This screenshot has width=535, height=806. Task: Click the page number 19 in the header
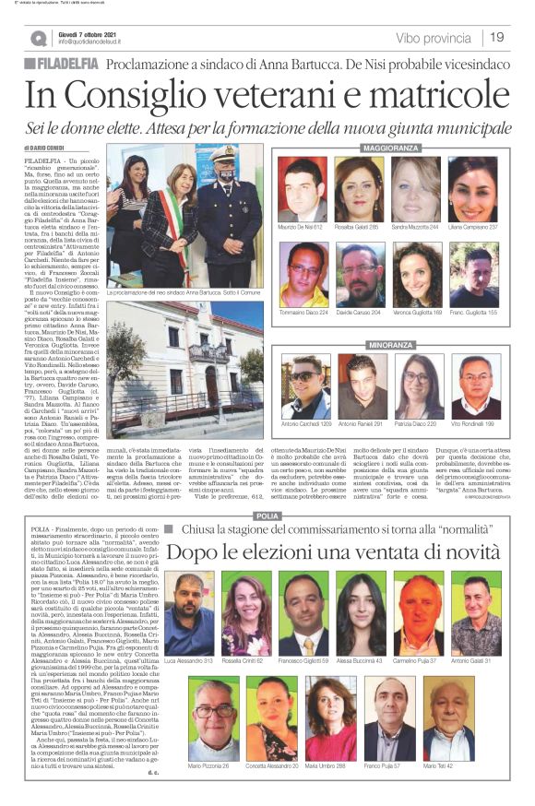pyautogui.click(x=497, y=37)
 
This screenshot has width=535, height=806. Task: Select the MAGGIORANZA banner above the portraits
pyautogui.click(x=390, y=148)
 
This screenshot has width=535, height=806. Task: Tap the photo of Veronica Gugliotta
pyautogui.click(x=417, y=274)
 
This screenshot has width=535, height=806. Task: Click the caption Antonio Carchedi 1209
pyautogui.click(x=303, y=423)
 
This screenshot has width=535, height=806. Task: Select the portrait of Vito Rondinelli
pyautogui.click(x=474, y=386)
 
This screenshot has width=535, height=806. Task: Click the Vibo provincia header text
pyautogui.click(x=432, y=38)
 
